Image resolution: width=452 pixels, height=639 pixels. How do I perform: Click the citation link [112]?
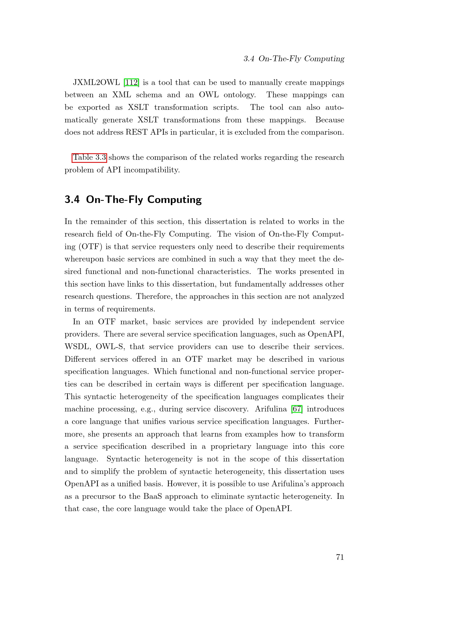point(131,83)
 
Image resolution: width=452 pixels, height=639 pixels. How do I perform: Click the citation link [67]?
point(297,409)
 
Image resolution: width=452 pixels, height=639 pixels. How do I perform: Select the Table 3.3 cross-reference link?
point(89,158)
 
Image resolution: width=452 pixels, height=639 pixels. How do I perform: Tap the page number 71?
point(340,557)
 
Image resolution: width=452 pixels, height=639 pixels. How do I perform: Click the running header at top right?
point(294,59)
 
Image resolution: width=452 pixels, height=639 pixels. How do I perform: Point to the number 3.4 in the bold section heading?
point(72,199)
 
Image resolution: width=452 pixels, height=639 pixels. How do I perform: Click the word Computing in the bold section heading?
point(174,200)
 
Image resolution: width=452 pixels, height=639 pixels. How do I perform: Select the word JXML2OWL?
point(96,83)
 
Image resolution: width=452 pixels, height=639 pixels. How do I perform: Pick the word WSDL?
point(77,347)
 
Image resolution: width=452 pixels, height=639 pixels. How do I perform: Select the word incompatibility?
point(152,170)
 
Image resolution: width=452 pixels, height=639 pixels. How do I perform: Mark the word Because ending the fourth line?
point(330,120)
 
